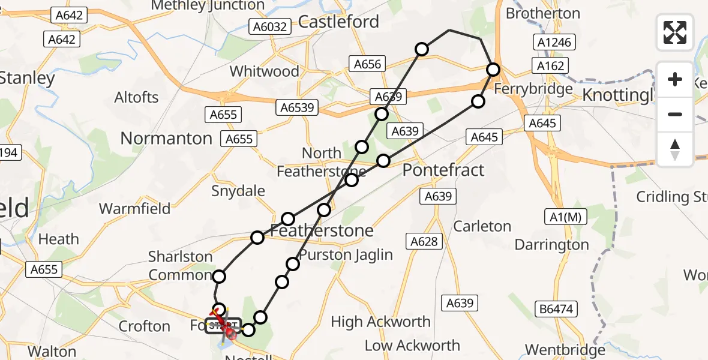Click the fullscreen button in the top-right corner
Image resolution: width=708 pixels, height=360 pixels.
coord(675,32)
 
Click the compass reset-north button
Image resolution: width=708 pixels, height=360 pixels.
coord(675,149)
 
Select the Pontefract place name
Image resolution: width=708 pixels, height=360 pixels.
coord(443,170)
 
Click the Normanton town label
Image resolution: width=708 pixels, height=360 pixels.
coord(166,139)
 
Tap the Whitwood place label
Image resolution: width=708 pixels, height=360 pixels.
coord(265,71)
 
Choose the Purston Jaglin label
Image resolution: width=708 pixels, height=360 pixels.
coord(346,254)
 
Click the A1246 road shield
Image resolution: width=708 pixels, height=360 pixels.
coord(553,43)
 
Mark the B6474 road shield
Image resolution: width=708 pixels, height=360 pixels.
coord(556,310)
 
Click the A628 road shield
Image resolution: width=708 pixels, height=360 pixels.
coord(425,241)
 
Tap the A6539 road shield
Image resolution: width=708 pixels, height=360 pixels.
coord(296,107)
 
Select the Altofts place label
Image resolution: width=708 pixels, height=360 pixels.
coord(136,98)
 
